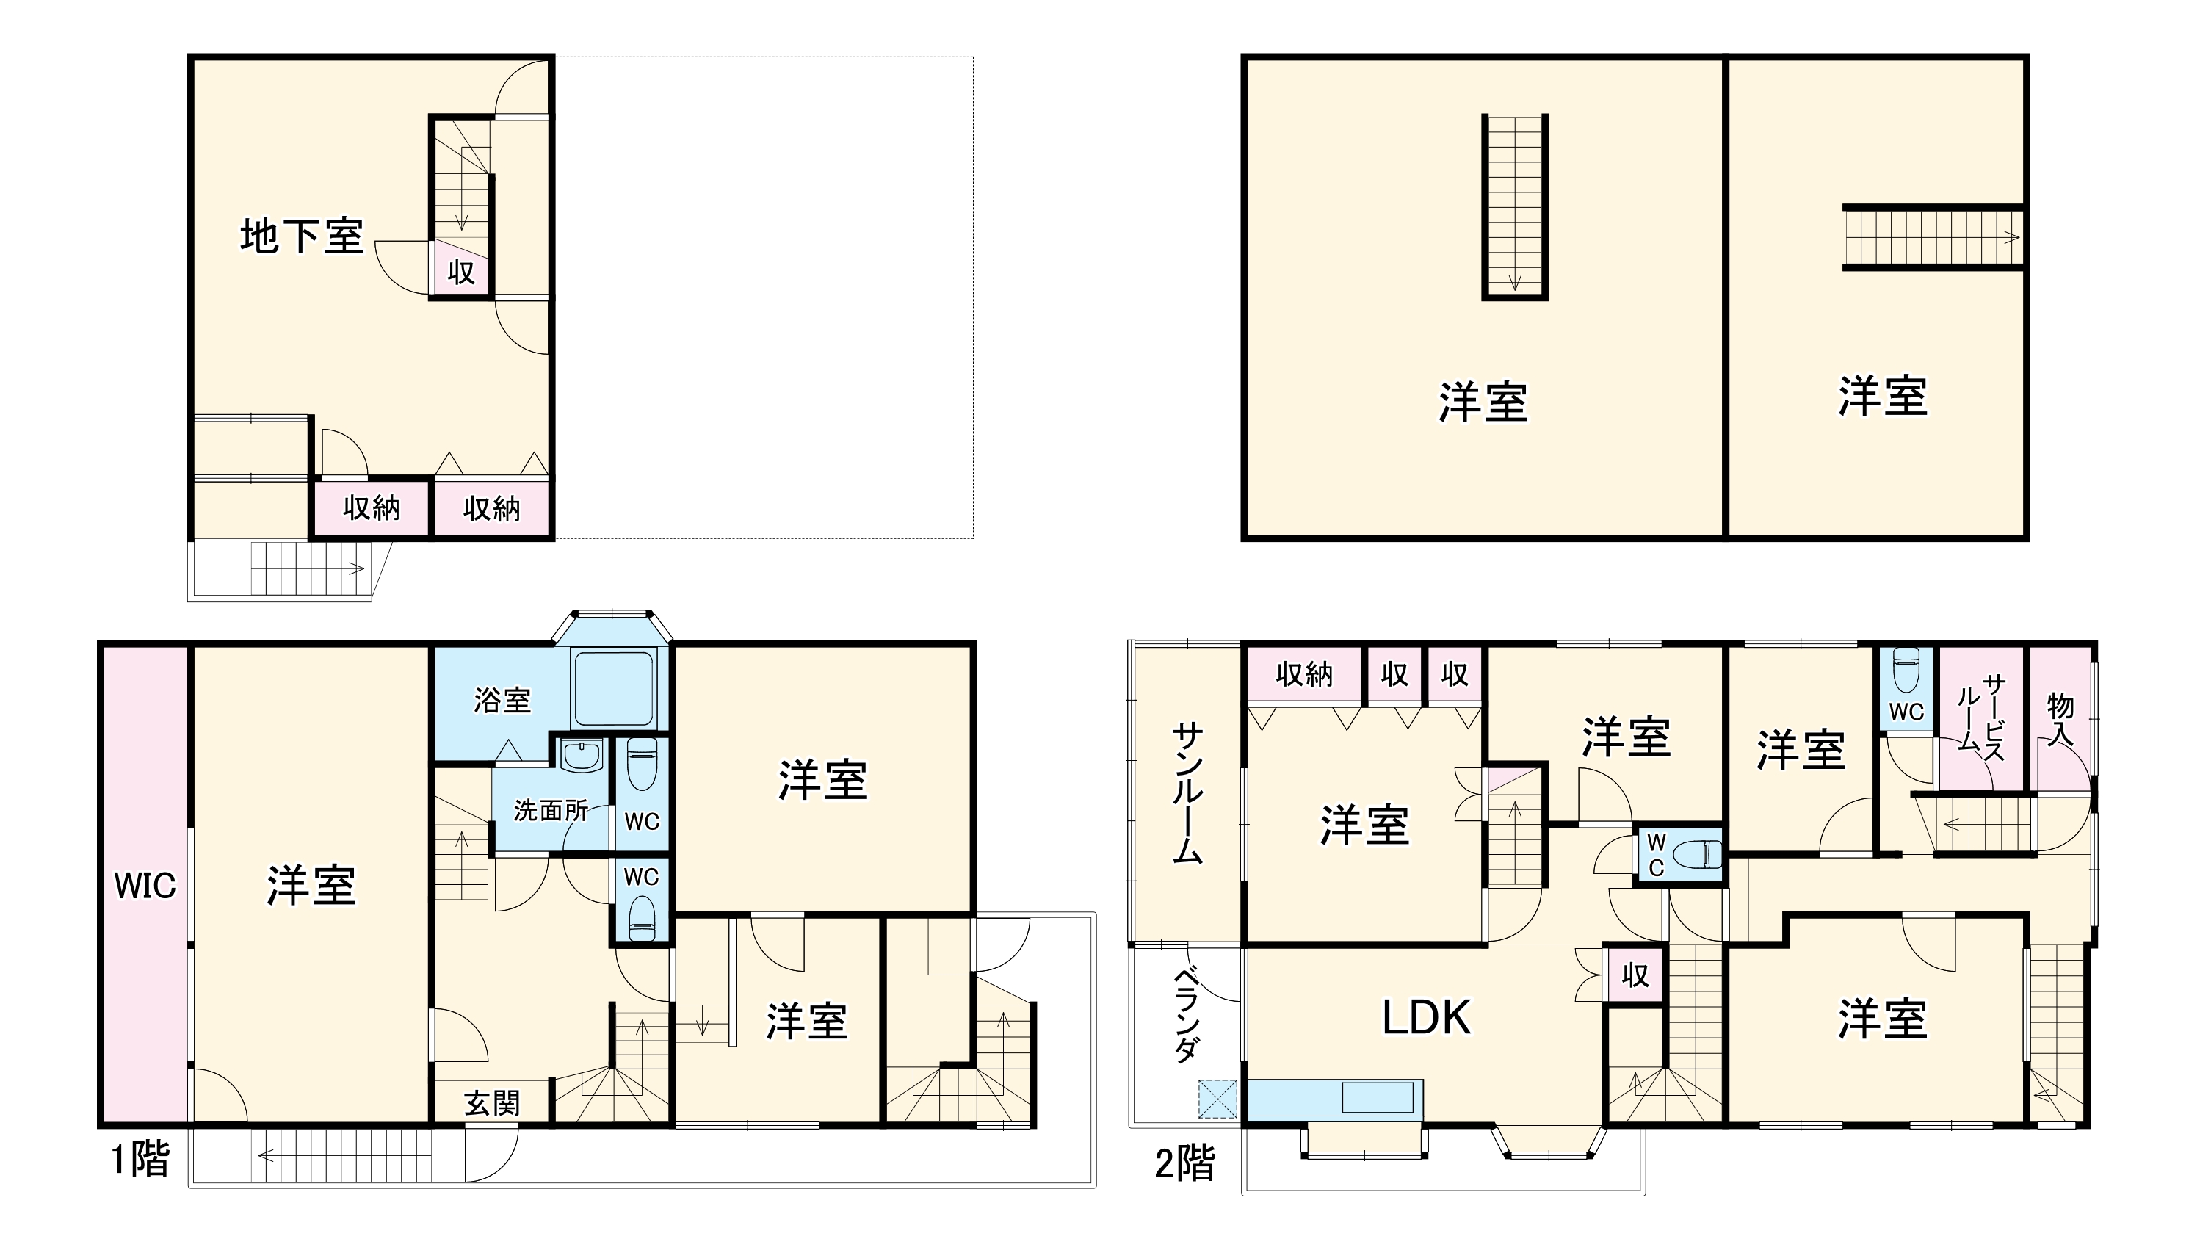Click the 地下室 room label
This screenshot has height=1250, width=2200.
pos(301,235)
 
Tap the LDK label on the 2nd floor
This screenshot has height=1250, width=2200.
pos(1426,1016)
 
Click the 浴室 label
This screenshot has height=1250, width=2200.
pos(502,700)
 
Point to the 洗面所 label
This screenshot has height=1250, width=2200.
pos(550,809)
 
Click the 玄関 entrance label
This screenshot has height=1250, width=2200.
pos(492,1103)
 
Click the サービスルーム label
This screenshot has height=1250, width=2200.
pos(1981,717)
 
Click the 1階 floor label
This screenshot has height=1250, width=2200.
pos(140,1159)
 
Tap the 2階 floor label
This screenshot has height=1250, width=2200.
pos(1184,1164)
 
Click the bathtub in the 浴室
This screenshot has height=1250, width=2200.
pos(613,689)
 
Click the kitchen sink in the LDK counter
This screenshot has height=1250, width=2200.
pos(1377,1098)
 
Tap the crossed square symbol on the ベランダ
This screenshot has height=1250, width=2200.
pos(1217,1099)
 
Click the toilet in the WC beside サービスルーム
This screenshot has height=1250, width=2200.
pos(1905,670)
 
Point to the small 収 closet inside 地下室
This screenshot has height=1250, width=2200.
pos(461,273)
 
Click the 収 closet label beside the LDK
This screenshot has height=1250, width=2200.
pos(1635,975)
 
